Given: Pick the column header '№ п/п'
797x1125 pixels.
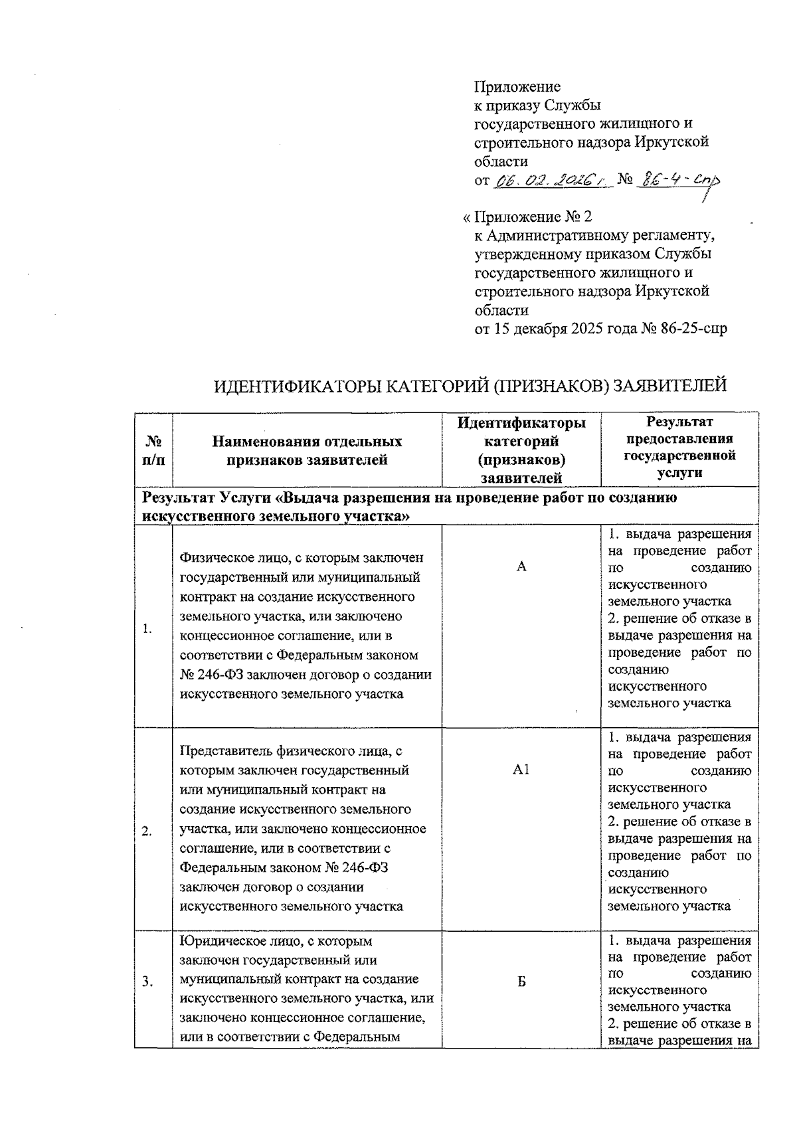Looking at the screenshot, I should point(153,450).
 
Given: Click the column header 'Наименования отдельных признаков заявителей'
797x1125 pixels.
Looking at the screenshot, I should point(307,450).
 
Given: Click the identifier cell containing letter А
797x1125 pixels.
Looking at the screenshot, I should point(521,566).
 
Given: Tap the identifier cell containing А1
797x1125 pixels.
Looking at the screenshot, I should point(521,770).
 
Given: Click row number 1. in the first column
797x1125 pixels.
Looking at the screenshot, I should point(147,630).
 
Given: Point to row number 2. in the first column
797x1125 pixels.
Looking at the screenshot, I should point(147,832).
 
